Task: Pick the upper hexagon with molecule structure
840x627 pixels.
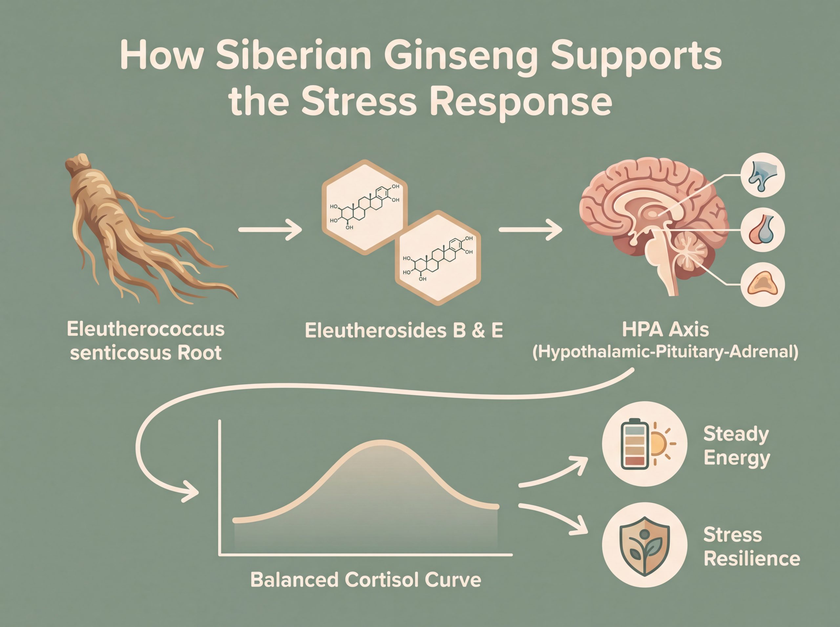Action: point(365,207)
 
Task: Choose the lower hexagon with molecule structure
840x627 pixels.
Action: point(438,258)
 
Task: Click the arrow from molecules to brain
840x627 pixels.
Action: point(530,229)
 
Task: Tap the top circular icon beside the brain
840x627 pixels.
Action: point(763,175)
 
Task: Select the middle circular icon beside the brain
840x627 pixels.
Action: point(763,230)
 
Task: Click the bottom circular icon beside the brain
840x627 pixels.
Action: point(763,284)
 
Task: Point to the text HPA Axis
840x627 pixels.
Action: point(665,330)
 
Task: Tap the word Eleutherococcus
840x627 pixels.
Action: point(146,329)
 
